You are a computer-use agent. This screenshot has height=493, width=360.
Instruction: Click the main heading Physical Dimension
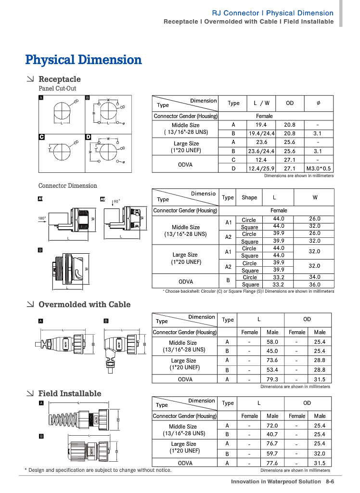click(83, 60)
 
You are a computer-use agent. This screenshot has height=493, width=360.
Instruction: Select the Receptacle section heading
click(59, 79)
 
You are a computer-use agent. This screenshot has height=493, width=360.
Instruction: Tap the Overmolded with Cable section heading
click(84, 304)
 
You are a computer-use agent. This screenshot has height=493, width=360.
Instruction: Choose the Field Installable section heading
click(70, 393)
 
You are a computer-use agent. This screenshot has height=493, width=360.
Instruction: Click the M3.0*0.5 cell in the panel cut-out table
click(318, 169)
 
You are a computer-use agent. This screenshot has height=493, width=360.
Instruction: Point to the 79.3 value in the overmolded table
click(272, 379)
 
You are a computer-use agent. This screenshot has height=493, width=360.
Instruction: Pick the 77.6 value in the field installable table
click(272, 463)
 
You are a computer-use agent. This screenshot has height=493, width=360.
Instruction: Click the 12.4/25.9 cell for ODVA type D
click(261, 169)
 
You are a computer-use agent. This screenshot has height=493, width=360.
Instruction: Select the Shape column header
click(249, 197)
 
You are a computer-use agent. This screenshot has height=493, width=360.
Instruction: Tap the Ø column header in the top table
click(318, 103)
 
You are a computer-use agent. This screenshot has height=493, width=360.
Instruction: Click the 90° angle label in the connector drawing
click(116, 202)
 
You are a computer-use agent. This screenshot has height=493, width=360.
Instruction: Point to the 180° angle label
click(42, 219)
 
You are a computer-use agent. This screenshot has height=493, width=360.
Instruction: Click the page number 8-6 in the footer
click(330, 481)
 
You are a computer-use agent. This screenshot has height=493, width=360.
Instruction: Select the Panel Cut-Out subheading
click(57, 89)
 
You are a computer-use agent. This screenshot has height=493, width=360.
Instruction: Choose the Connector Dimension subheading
click(67, 186)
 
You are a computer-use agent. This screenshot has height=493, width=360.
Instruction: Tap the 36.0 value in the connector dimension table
click(315, 285)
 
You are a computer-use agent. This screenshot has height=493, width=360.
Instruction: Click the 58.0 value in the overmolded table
click(272, 342)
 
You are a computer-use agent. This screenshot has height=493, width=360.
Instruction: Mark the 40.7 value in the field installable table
click(272, 434)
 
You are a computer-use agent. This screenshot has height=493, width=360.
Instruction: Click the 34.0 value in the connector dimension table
click(315, 277)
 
